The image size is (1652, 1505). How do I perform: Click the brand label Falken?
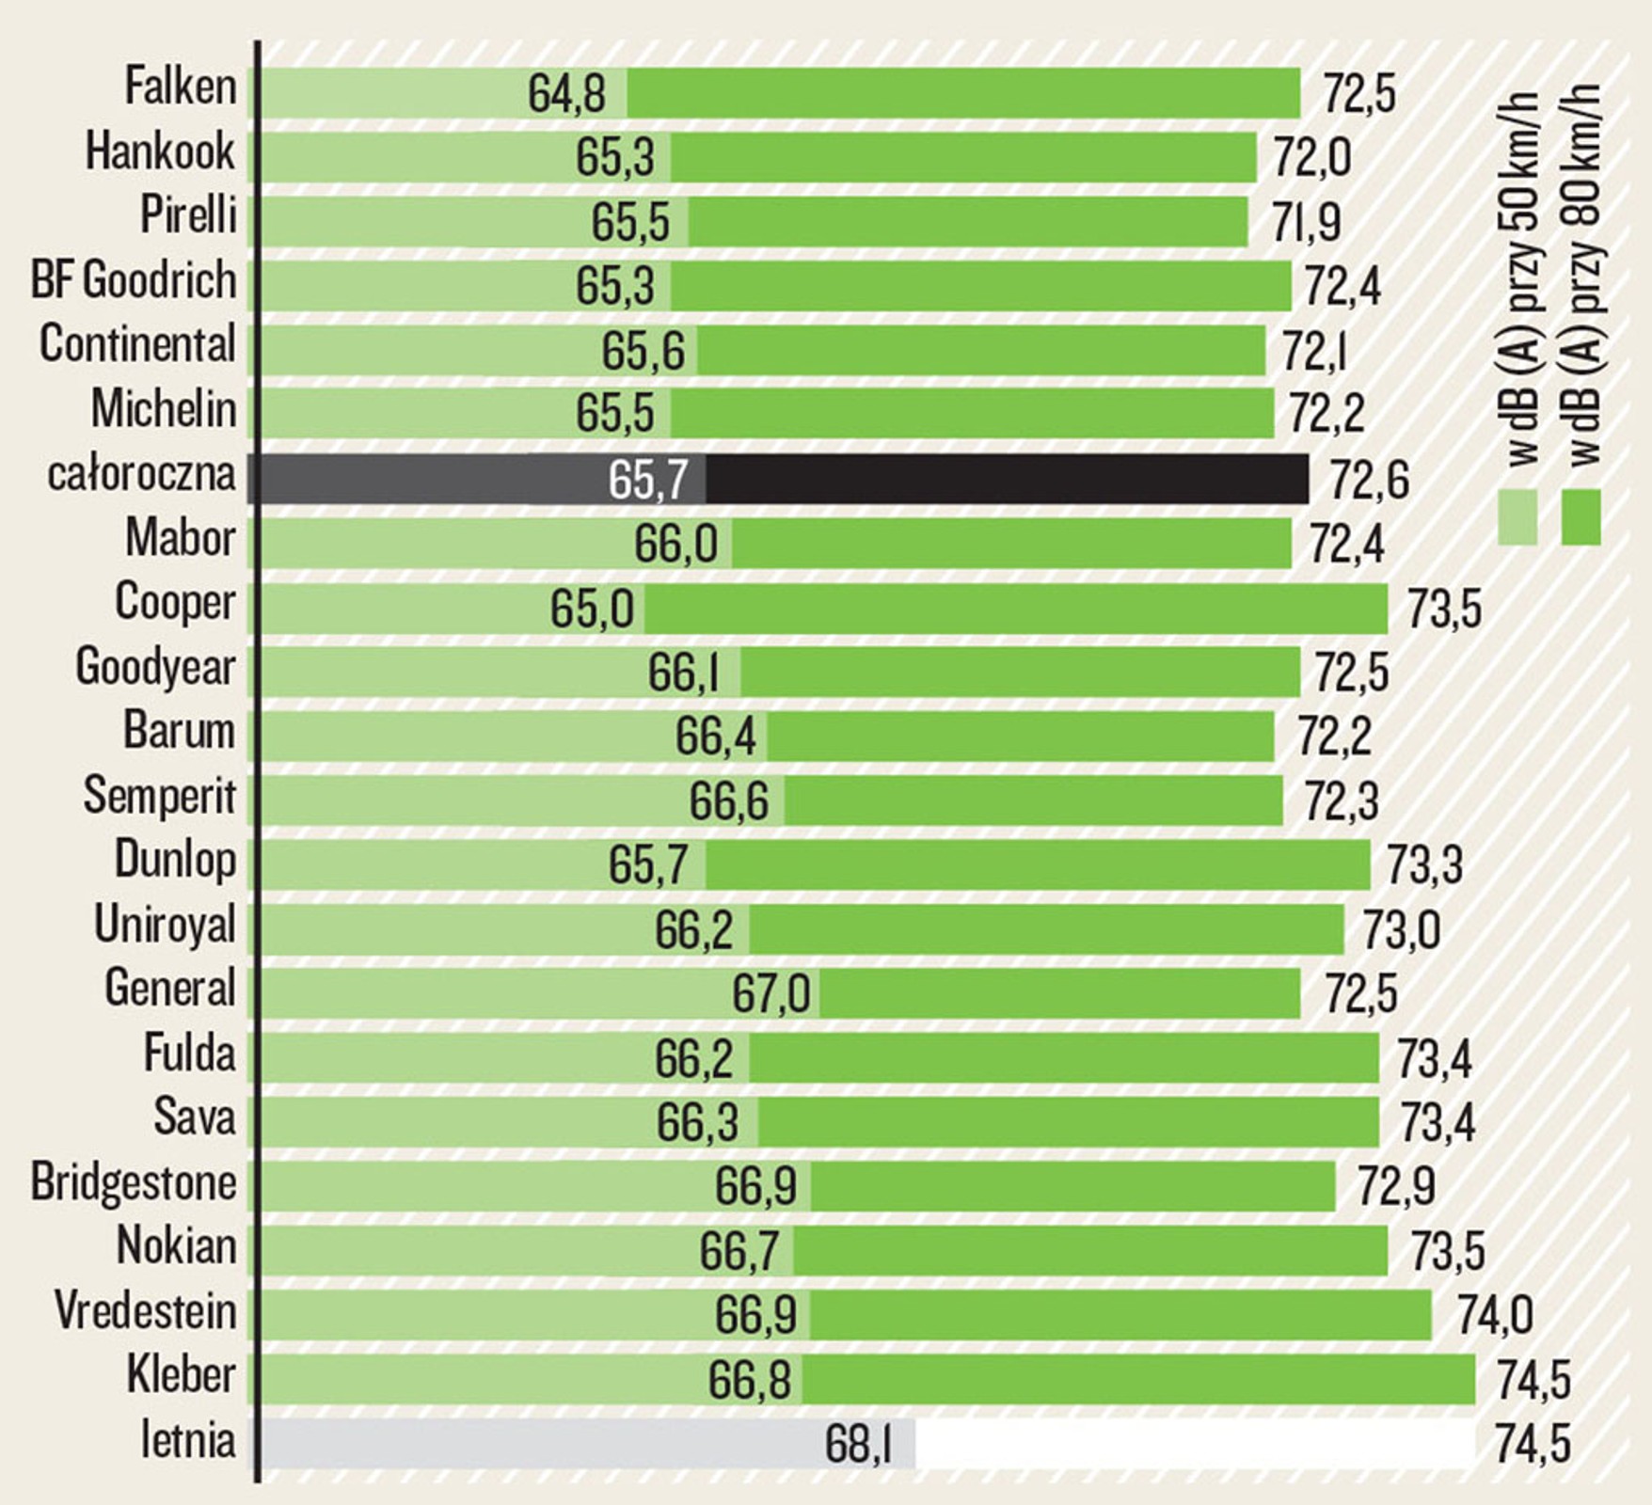point(181,87)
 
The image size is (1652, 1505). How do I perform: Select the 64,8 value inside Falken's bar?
point(566,95)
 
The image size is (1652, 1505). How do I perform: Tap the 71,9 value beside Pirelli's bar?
point(1306,222)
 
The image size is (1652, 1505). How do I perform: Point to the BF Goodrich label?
point(134,281)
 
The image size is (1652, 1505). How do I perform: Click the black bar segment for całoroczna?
point(1007,479)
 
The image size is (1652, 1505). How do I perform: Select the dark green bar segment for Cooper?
point(1016,609)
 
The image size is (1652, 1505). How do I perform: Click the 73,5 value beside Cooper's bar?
point(1444,610)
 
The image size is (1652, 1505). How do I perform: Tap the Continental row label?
point(137,344)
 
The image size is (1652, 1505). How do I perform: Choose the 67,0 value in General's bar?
point(770,994)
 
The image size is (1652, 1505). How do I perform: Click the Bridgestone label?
point(134,1182)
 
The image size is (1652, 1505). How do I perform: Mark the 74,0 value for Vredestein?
point(1495,1315)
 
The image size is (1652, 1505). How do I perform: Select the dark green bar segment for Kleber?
point(1138,1380)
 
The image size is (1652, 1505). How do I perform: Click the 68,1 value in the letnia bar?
point(858,1445)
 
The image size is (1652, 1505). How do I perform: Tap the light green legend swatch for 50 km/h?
point(1517,517)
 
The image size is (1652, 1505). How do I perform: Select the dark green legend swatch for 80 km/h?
point(1581,517)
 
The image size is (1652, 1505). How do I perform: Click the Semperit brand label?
point(160,796)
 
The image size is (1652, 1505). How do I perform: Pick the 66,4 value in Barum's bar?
point(715,737)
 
